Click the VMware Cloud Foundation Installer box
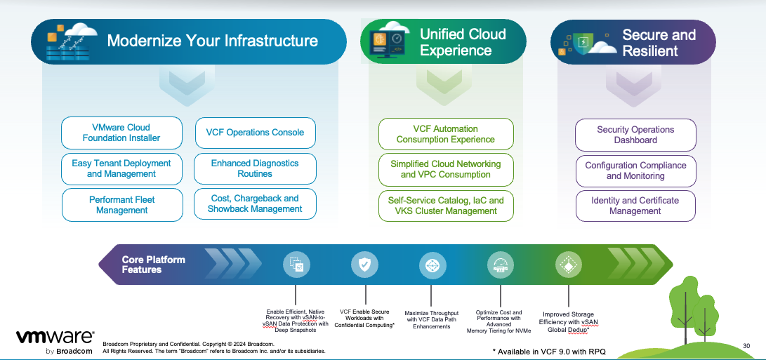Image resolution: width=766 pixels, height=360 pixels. point(121,133)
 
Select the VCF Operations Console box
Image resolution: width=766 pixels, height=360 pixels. point(255,133)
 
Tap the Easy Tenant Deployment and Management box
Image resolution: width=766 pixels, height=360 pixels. point(121,168)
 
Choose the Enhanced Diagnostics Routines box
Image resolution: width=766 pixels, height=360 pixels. point(255,168)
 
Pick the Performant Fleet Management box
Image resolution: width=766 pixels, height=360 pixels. point(121,205)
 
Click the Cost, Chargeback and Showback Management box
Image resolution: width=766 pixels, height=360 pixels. point(255,204)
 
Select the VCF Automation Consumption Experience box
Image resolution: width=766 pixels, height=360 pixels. point(446,134)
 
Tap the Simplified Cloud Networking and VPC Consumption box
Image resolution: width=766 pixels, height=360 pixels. point(446,169)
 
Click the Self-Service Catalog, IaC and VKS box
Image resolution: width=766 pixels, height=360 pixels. point(446,206)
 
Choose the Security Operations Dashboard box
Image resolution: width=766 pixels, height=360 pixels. point(635,135)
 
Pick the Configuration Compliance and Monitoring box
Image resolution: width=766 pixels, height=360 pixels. point(635,171)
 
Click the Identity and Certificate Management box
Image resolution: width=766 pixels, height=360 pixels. point(635,206)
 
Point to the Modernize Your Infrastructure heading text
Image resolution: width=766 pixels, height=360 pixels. point(212,41)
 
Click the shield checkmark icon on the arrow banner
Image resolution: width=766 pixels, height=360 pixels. point(364,265)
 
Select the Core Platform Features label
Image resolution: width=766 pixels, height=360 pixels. point(153,265)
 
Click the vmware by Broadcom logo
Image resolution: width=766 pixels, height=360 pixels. point(55,341)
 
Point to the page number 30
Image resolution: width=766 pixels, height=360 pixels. point(746,345)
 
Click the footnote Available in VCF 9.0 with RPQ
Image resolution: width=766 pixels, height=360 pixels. point(550,350)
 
